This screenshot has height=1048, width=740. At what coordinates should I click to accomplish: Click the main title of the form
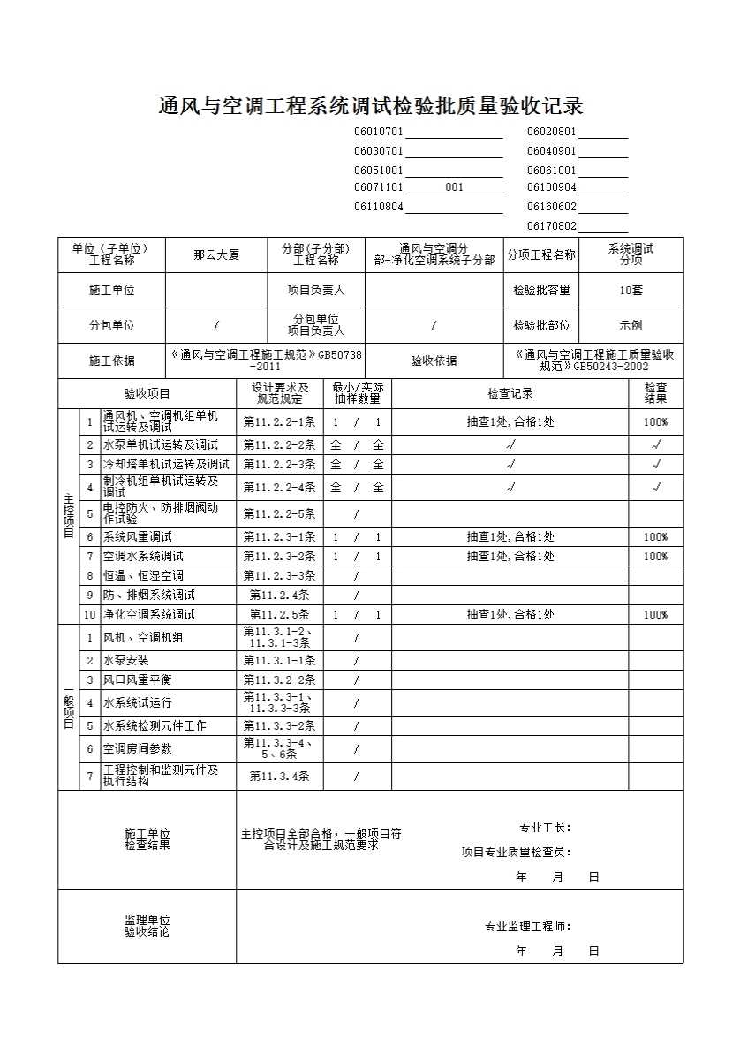coord(370,107)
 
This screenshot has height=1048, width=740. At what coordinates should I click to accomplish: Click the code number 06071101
coord(378,187)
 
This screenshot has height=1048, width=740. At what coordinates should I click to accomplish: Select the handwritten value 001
coord(454,187)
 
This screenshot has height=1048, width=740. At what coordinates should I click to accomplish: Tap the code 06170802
coord(551,226)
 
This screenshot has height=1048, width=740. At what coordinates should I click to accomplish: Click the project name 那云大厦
coord(216,254)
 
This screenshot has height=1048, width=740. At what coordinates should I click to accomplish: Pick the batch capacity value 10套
coord(631,290)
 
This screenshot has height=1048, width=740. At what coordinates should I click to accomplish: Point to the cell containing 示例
coord(631,325)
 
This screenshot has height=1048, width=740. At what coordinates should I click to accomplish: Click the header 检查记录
coord(510,393)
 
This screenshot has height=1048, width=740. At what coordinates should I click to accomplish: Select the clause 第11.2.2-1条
coord(279,422)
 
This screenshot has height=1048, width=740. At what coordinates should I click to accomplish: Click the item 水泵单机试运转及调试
coord(160,444)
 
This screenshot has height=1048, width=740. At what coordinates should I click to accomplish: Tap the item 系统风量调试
coord(138,536)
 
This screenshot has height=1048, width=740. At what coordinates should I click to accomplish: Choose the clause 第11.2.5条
coord(279,614)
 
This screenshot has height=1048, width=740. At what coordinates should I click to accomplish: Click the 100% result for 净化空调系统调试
coord(655,614)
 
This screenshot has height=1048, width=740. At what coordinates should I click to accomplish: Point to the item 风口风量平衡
coord(138,680)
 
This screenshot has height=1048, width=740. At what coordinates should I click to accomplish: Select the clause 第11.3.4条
coord(279,777)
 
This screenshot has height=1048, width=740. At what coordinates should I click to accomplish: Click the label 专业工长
coord(545,828)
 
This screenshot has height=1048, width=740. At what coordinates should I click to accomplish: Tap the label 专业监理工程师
coord(527,926)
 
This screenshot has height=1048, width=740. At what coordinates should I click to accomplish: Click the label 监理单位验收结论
coord(147,926)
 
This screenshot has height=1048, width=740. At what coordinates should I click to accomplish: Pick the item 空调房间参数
coord(138,748)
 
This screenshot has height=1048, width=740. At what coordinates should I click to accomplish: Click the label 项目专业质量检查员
coord(517,852)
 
